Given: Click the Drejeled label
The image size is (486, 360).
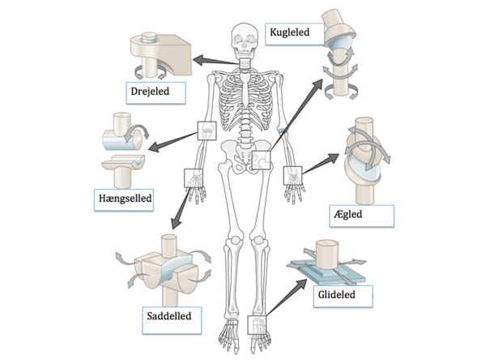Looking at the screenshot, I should (151, 91).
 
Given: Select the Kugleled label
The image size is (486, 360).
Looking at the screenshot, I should (292, 33).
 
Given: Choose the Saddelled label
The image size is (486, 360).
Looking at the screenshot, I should (169, 315).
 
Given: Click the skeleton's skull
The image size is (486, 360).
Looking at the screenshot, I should (243, 36).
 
